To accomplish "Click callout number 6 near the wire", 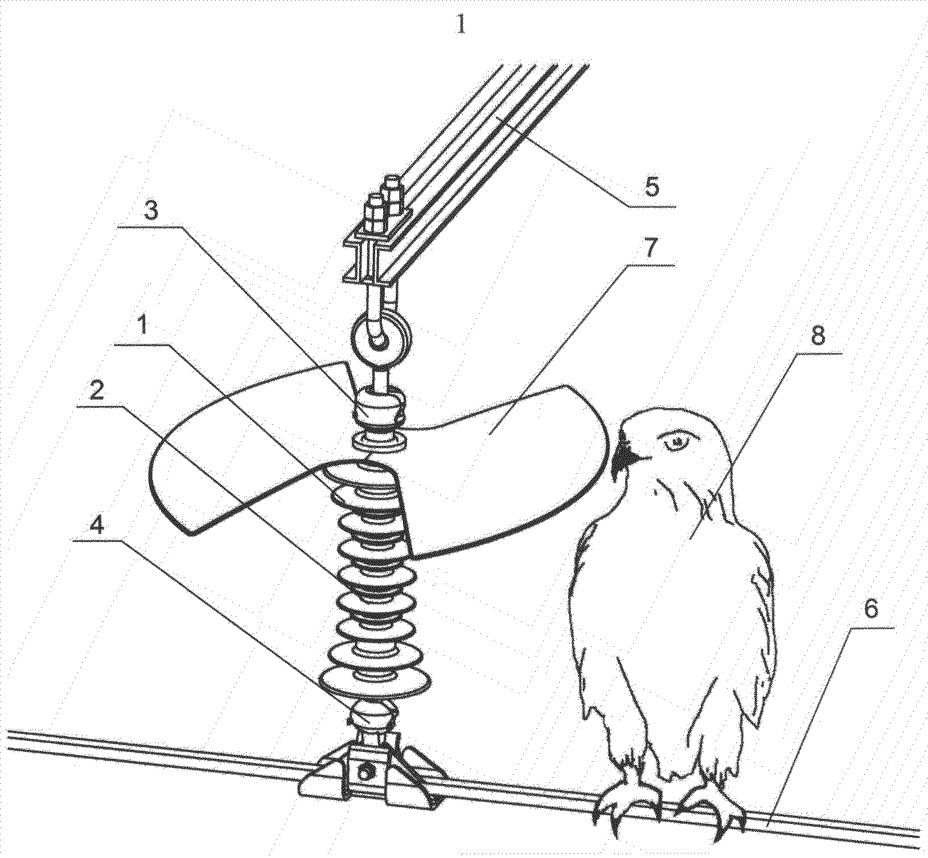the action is (870, 610).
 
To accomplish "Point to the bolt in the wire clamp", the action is (364, 773).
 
